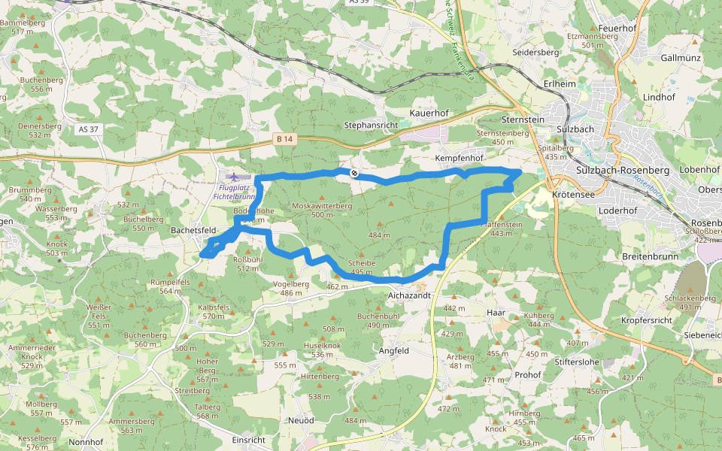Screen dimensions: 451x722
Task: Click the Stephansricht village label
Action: (371, 124)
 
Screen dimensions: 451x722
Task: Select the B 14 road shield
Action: (284, 138)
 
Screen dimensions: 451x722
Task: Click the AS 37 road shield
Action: (89, 129)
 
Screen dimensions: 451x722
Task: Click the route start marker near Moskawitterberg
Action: (354, 174)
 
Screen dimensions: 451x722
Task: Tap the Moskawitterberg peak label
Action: (322, 205)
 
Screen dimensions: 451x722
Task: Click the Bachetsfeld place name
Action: (194, 229)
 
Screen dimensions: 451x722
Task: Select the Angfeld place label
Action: (394, 350)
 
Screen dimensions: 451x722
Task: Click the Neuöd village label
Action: (301, 420)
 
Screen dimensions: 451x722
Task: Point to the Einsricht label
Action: (249, 440)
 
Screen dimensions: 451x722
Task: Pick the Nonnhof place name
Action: (85, 442)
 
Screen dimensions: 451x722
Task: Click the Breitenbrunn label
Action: (651, 256)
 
